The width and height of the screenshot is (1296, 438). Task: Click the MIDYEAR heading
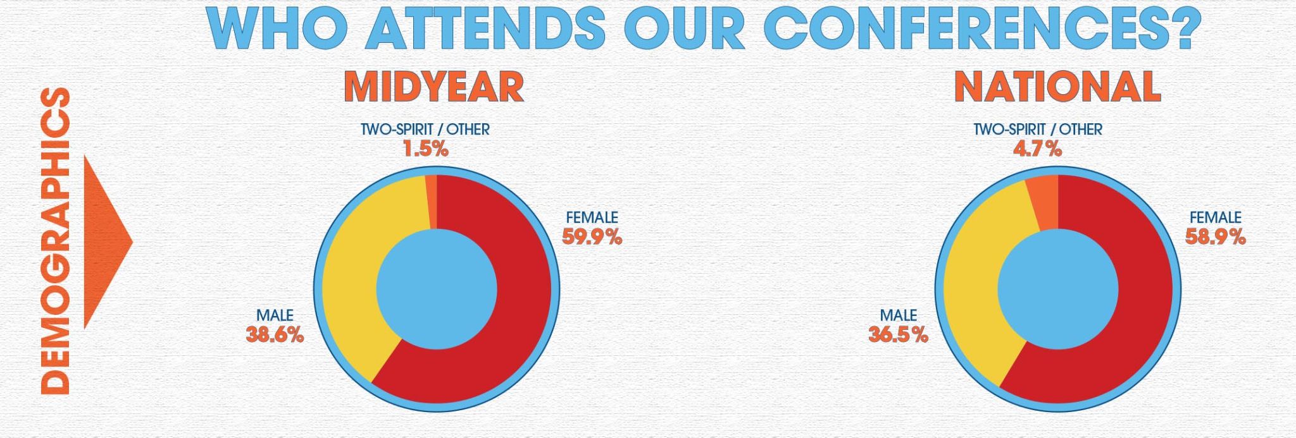[434, 87]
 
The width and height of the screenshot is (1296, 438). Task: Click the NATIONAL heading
[1057, 87]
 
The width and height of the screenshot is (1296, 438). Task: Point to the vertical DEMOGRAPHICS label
[54, 241]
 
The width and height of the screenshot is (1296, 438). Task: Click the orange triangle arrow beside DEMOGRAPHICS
[108, 241]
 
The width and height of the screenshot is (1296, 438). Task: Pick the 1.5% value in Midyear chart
[425, 149]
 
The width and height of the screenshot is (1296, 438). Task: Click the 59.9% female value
[592, 237]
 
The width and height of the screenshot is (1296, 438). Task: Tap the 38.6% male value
[275, 335]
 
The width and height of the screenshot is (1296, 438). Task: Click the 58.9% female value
[1216, 237]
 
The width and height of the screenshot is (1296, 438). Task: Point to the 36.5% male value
[899, 335]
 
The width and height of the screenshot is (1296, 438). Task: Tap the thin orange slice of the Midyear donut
[431, 201]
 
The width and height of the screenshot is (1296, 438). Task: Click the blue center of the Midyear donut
[436, 289]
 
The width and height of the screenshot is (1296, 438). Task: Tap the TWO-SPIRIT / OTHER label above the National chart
[1038, 130]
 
